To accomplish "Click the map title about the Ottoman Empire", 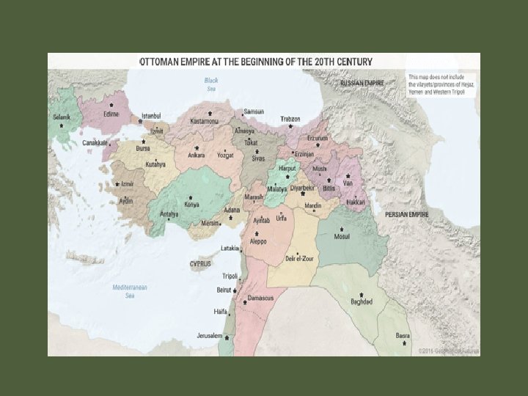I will click(256, 62).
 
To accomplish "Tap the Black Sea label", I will click(211, 84).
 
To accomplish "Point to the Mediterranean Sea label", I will click(130, 291).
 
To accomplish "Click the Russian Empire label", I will click(362, 84).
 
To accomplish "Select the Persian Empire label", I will click(407, 214).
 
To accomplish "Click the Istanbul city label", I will click(151, 117).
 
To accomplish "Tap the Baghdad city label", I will click(362, 301).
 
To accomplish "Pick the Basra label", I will click(403, 336).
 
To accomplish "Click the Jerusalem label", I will click(209, 336).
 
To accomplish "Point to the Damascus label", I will click(260, 298).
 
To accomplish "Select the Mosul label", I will click(342, 237).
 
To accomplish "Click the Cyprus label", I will click(200, 263).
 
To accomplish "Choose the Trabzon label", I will click(290, 119).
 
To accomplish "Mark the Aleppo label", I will click(256, 241).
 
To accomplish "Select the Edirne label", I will click(111, 114).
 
